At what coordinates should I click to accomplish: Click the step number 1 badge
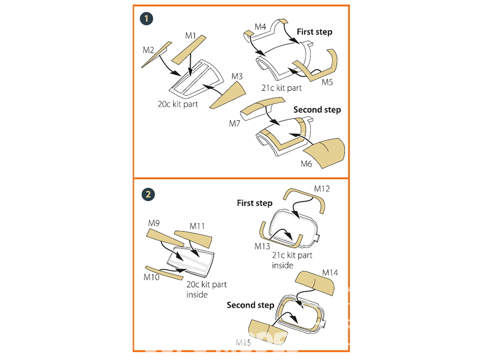pyautogui.click(x=146, y=19)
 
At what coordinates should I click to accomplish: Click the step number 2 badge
pyautogui.click(x=148, y=194)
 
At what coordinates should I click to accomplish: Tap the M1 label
pyautogui.click(x=190, y=35)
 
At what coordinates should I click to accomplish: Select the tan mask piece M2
pyautogui.click(x=157, y=55)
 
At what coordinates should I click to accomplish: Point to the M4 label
pyautogui.click(x=260, y=26)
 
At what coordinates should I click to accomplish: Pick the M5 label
pyautogui.click(x=328, y=82)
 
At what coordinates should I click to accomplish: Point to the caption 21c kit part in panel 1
pyautogui.click(x=281, y=88)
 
